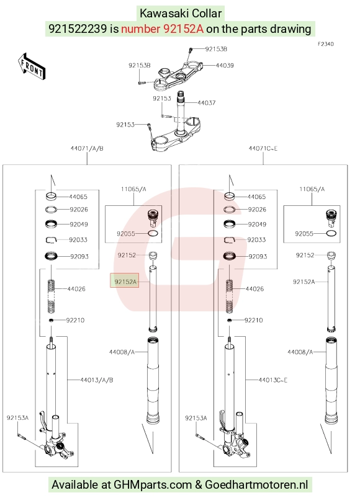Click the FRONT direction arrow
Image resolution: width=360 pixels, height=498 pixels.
[32, 67]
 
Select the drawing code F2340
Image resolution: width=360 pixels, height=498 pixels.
[326, 44]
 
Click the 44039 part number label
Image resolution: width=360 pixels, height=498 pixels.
[225, 65]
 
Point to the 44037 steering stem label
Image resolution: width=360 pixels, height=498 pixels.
[207, 103]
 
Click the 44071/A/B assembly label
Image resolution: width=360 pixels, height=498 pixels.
[87, 148]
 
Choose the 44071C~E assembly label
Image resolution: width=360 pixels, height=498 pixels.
[263, 148]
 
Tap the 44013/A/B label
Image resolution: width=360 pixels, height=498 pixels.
[97, 380]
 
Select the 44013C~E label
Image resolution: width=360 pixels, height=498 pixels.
[273, 380]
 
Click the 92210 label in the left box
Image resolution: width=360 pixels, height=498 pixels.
[75, 320]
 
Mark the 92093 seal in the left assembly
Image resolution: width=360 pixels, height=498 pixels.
[51, 256]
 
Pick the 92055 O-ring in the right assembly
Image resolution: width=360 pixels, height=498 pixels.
[331, 233]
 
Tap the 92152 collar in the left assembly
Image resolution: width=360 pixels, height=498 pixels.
[153, 256]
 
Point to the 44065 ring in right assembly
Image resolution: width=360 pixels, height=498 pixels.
[230, 196]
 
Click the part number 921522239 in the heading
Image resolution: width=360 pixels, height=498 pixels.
[78, 29]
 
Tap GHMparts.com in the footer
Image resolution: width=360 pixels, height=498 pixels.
[153, 485]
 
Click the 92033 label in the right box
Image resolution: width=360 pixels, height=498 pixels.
[256, 240]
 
